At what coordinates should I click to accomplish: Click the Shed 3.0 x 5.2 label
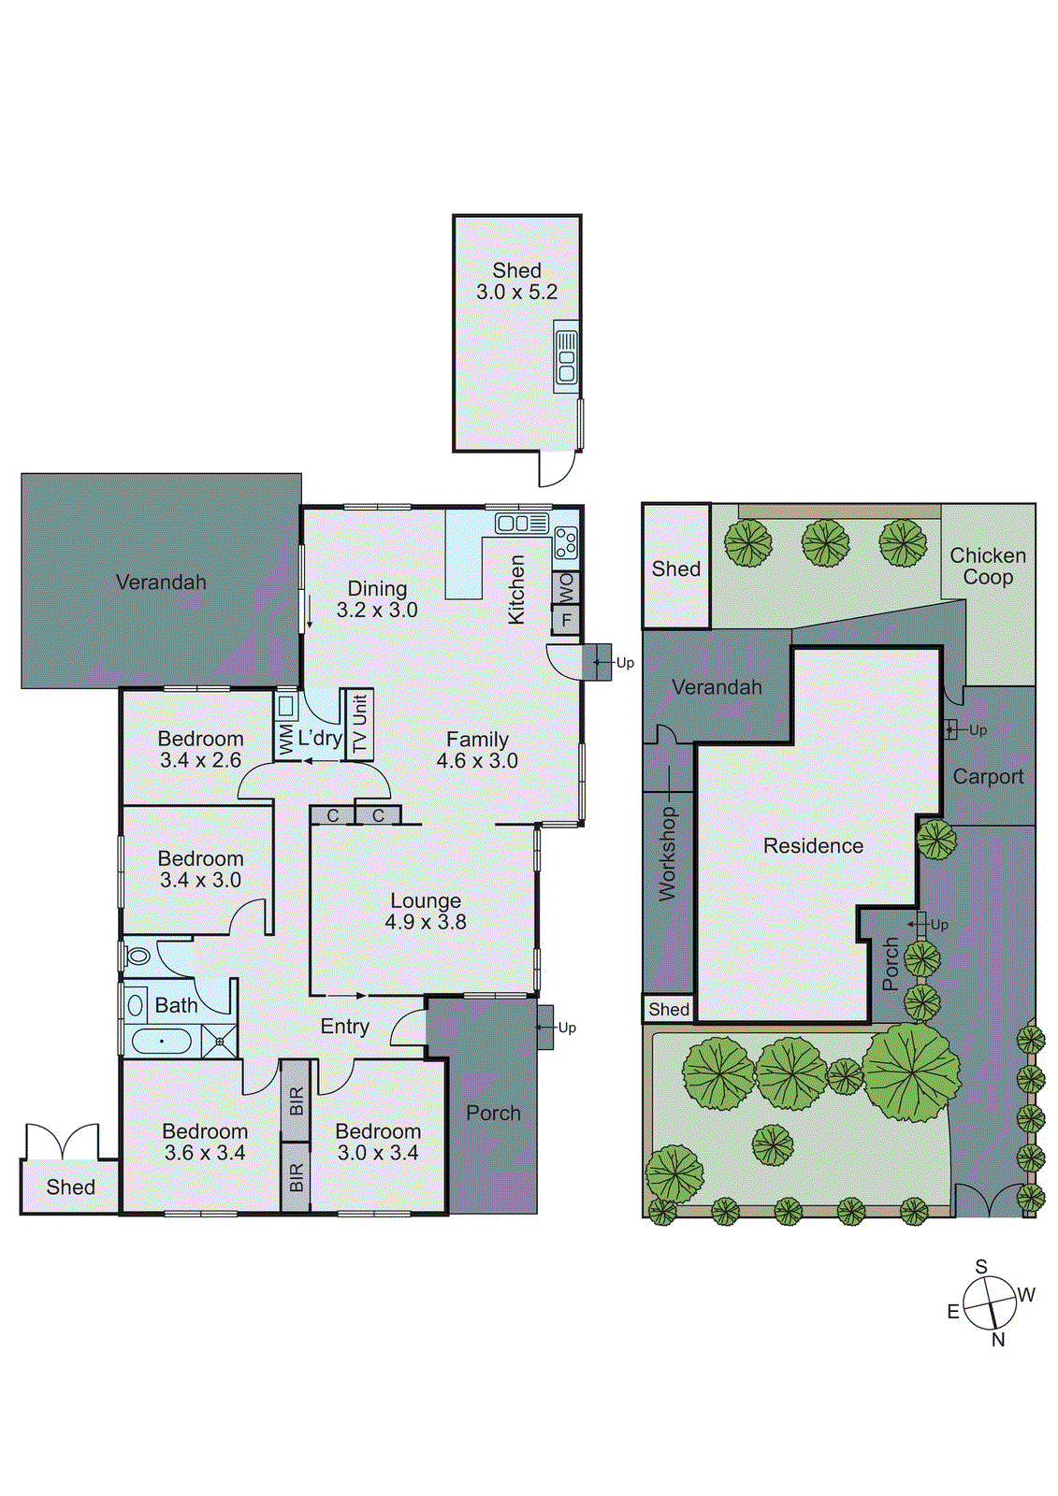(516, 280)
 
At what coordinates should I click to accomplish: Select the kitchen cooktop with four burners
(565, 541)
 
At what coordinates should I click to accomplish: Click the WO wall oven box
(566, 587)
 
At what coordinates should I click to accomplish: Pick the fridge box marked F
(566, 619)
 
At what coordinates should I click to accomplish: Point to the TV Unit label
(360, 723)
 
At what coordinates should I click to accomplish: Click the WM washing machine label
(286, 739)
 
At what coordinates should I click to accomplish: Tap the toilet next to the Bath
(138, 956)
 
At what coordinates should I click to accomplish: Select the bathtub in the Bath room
(161, 1040)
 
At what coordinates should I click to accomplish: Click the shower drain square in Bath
(220, 1040)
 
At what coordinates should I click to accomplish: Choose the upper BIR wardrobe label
(296, 1100)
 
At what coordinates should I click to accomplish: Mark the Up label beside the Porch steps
(567, 1028)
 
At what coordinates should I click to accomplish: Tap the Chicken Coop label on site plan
(988, 567)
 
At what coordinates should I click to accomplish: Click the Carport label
(988, 776)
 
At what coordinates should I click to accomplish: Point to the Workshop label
(667, 854)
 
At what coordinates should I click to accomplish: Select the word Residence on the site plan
(813, 846)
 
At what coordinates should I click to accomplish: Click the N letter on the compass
(998, 1340)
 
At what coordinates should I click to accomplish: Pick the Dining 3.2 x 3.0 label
(377, 599)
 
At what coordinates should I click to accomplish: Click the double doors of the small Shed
(62, 1142)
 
